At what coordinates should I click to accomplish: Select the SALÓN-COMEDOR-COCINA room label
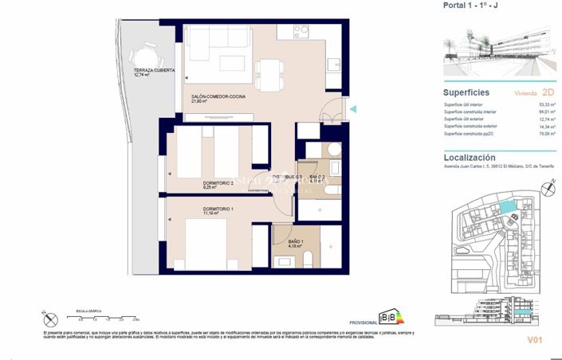(x=218, y=97)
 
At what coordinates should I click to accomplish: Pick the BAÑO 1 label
(x=296, y=241)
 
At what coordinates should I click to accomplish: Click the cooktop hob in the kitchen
(x=301, y=33)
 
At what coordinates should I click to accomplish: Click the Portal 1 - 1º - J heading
(x=472, y=6)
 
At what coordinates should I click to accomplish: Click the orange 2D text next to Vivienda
(x=547, y=92)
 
